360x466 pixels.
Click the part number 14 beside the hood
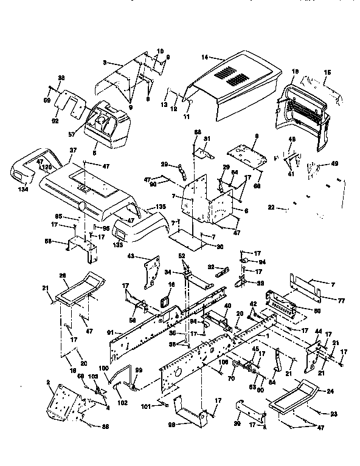pos(204,57)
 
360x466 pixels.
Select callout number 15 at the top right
pos(327,72)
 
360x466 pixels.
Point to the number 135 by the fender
pos(161,208)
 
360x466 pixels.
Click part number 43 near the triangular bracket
pos(130,257)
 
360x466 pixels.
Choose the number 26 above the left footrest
pos(62,275)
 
